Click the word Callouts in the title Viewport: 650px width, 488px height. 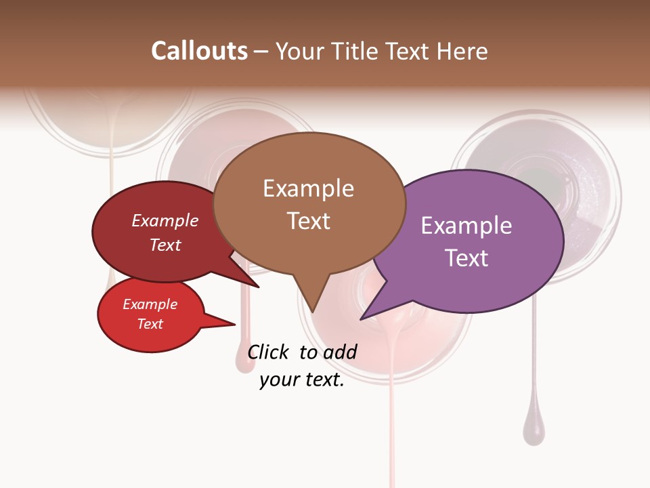pyautogui.click(x=199, y=51)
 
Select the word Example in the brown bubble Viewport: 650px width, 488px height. pyautogui.click(x=308, y=188)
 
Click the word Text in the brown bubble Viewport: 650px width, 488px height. pyautogui.click(x=308, y=221)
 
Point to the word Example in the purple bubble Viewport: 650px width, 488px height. pyautogui.click(x=467, y=226)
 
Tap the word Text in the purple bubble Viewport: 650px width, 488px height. pyautogui.click(x=467, y=258)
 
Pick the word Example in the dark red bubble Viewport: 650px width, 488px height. pyautogui.click(x=165, y=220)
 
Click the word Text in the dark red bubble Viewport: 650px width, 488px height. pyautogui.click(x=165, y=245)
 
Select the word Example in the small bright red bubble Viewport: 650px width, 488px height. pyautogui.click(x=150, y=304)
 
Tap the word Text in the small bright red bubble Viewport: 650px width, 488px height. pyautogui.click(x=150, y=324)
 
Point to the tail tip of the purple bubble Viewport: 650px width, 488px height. pyautogui.click(x=362, y=318)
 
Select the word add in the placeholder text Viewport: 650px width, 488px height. pyautogui.click(x=339, y=352)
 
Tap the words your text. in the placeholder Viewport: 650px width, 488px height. pyautogui.click(x=302, y=380)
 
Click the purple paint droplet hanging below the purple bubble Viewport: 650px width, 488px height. pyautogui.click(x=534, y=430)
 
